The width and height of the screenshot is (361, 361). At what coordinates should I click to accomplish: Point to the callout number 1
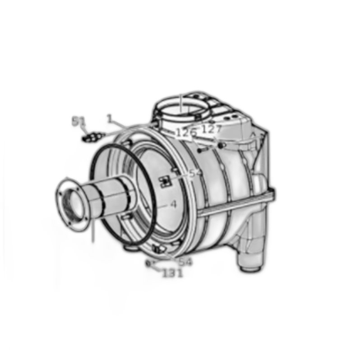(109, 118)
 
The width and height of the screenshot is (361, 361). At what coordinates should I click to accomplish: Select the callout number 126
(186, 133)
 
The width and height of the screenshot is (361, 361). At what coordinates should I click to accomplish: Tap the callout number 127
(211, 129)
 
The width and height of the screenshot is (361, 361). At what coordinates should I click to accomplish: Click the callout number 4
(173, 204)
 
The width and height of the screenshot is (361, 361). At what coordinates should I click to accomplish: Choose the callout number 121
(173, 273)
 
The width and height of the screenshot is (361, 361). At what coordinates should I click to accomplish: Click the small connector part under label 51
(93, 136)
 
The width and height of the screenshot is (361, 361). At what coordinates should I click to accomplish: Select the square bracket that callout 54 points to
(166, 181)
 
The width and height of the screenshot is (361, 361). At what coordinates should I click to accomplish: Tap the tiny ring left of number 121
(149, 264)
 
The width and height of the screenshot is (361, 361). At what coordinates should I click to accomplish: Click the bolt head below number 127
(221, 144)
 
